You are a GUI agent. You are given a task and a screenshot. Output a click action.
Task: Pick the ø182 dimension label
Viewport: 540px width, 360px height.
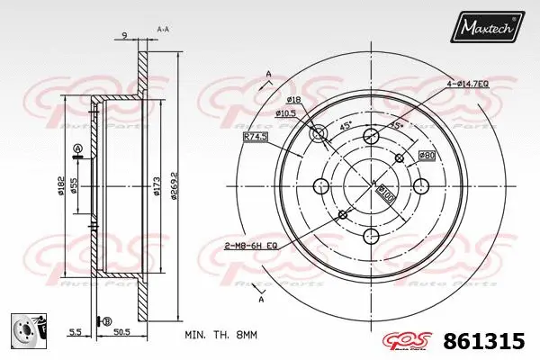pyautogui.click(x=59, y=186)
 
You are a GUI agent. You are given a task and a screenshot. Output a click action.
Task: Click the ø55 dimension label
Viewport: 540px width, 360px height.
pyautogui.click(x=75, y=186)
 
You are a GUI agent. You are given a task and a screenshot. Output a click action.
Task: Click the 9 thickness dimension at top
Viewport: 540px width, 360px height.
pyautogui.click(x=123, y=35)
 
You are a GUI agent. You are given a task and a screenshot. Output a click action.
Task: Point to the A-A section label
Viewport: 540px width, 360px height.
pyautogui.click(x=163, y=30)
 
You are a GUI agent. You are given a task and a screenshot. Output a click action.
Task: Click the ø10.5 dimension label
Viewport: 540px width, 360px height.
pyautogui.click(x=285, y=112)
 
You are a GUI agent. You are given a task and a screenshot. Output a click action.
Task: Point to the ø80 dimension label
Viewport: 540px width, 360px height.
pyautogui.click(x=426, y=156)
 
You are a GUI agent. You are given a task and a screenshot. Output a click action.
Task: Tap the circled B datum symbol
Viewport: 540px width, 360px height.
pyautogui.click(x=108, y=321)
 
